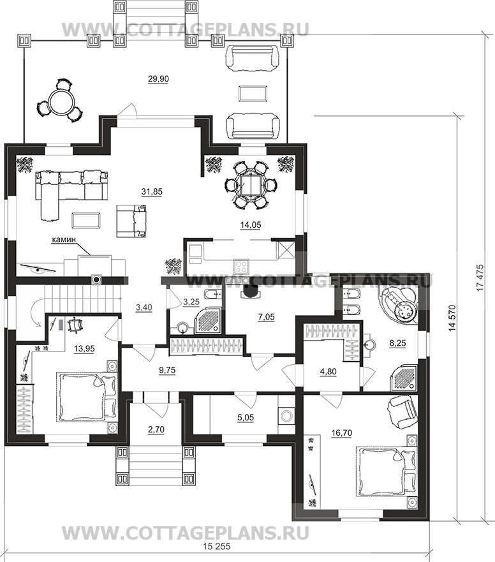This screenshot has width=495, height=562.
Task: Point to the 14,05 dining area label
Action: point(249,224)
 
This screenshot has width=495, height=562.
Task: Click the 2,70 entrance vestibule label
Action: point(156,429)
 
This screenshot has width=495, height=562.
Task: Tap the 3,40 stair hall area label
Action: point(144,307)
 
